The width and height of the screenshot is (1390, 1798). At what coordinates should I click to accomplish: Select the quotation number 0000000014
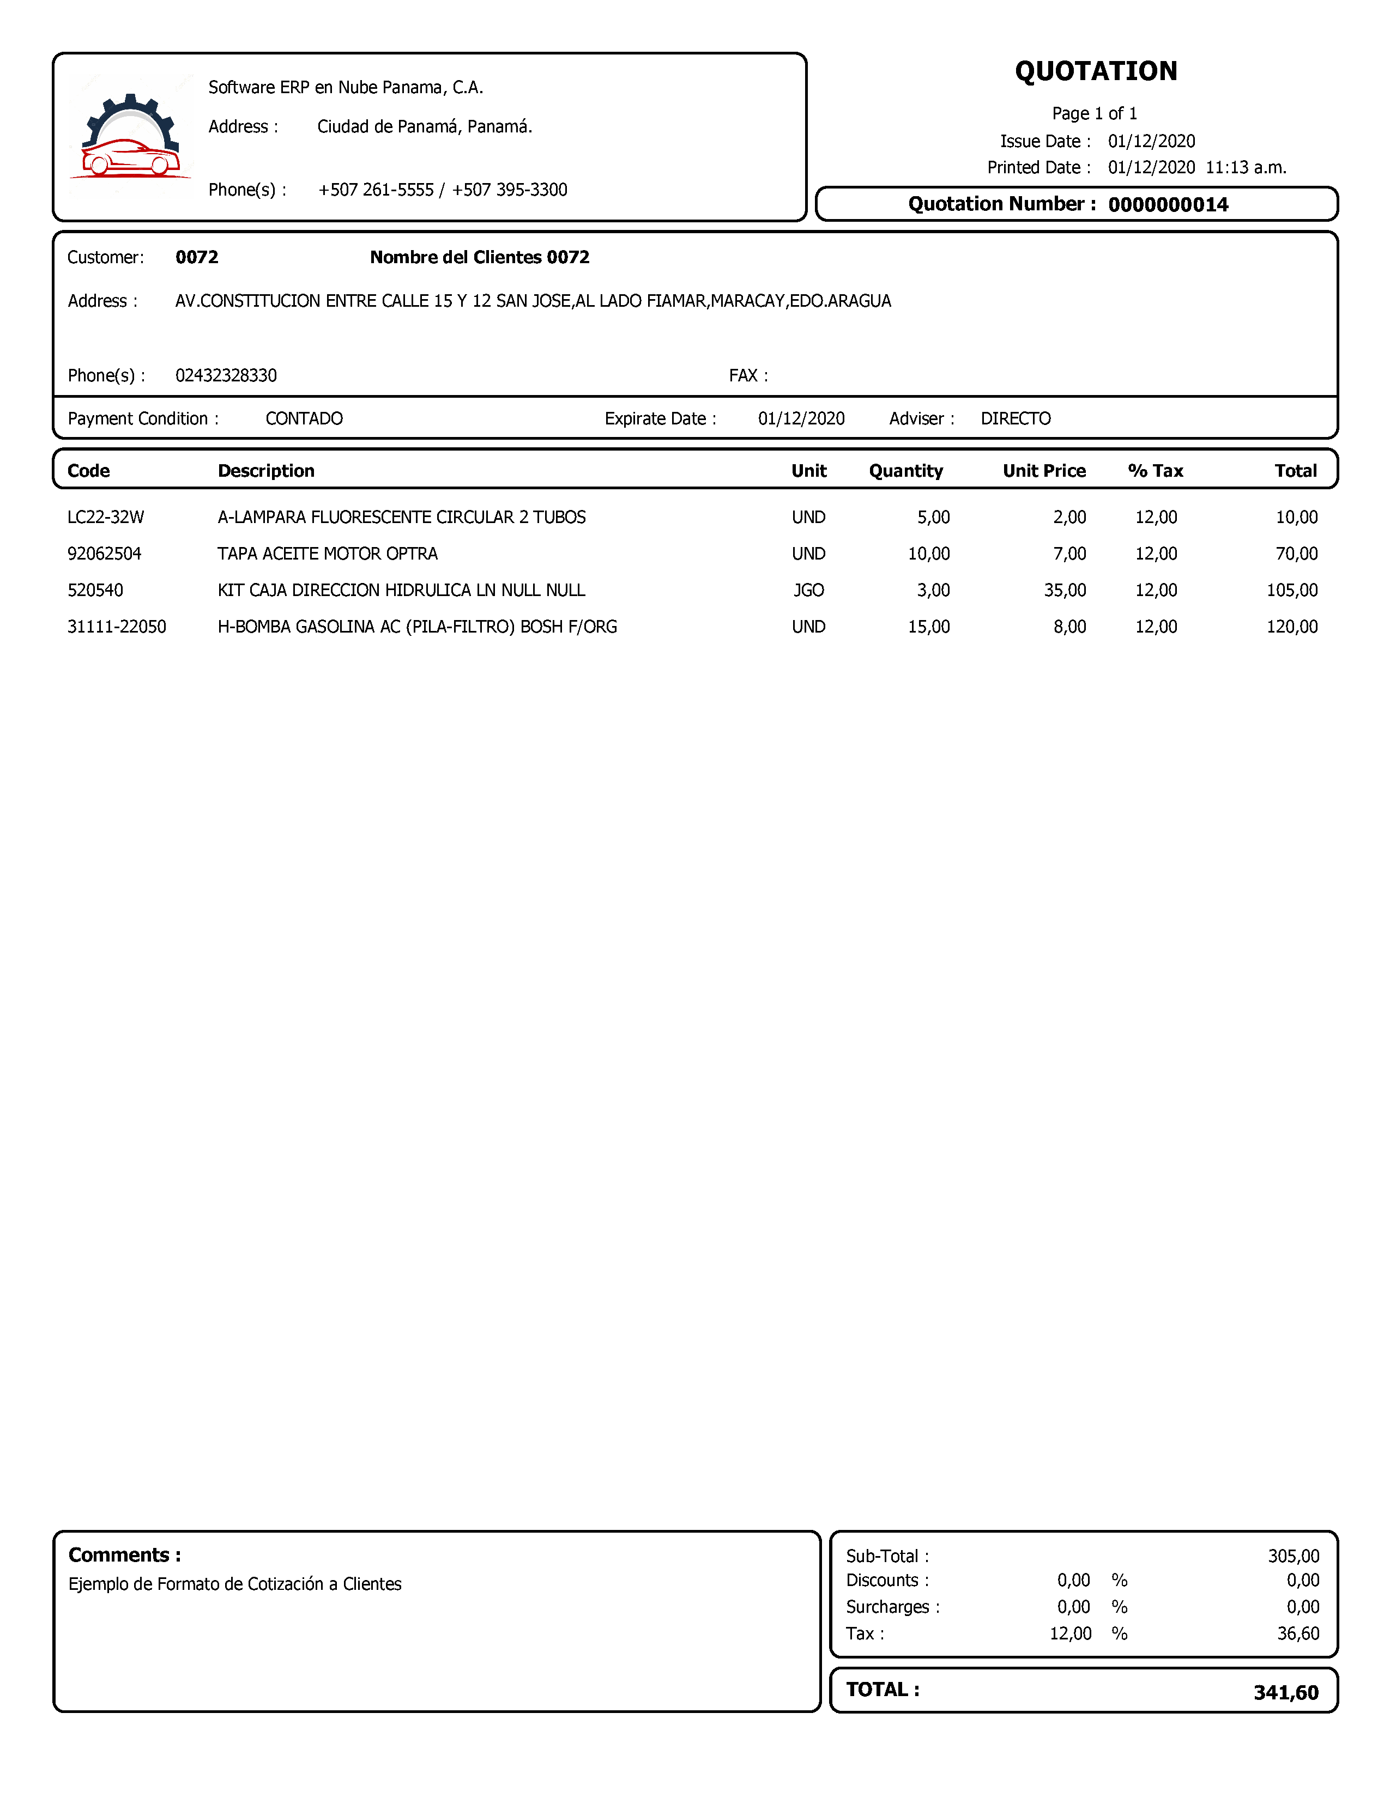[x=1168, y=205]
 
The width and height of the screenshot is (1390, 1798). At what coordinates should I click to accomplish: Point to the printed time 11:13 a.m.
[x=1245, y=168]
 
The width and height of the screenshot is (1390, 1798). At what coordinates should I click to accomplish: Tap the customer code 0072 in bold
[x=197, y=258]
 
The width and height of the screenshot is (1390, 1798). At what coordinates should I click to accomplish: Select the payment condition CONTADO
[x=304, y=419]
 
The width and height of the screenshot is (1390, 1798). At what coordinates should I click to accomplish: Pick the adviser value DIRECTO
[x=1016, y=419]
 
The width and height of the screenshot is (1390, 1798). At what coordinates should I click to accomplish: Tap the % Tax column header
[x=1155, y=471]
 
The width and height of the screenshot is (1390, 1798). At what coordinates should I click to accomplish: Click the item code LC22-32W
[x=105, y=518]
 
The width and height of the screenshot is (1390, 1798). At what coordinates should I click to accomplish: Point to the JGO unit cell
[x=808, y=590]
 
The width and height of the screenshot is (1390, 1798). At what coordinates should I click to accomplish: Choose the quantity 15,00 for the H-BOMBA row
[x=928, y=627]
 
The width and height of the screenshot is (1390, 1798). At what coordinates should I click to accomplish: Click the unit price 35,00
[x=1064, y=590]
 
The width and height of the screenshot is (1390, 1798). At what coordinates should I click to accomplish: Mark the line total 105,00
[x=1291, y=590]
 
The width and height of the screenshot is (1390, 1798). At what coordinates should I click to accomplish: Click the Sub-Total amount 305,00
[x=1293, y=1556]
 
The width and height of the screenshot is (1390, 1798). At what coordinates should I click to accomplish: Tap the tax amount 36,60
[x=1298, y=1633]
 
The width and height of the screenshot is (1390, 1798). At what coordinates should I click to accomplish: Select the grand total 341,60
[x=1285, y=1693]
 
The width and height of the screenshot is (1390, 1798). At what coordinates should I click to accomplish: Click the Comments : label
[x=124, y=1555]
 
